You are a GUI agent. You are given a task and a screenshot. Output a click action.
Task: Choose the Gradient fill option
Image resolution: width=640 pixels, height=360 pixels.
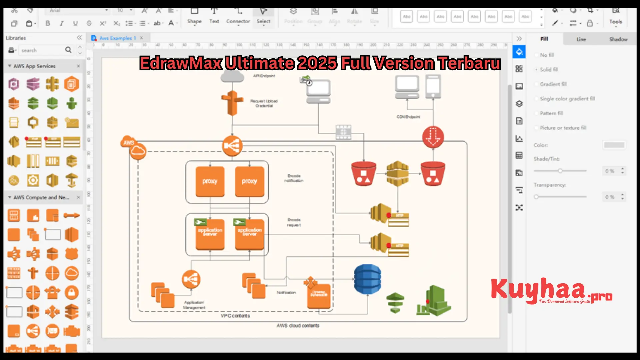[x=553, y=84]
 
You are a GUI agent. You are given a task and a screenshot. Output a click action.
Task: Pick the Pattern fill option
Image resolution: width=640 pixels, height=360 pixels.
[x=551, y=113]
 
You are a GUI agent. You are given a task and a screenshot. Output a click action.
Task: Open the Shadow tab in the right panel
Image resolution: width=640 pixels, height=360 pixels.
[x=618, y=39]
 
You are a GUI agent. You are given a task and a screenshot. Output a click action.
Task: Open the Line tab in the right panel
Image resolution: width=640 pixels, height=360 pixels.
[x=581, y=39]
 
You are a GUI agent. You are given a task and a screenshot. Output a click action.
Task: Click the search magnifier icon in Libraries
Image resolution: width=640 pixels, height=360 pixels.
[x=68, y=50]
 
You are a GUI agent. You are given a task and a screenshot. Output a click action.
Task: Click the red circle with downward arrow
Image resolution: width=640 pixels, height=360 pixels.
[x=433, y=137]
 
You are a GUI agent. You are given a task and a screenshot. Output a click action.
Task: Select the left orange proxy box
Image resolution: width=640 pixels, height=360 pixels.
[x=210, y=181]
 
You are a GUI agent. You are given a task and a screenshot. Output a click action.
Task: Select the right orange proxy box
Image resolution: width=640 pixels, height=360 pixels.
[x=249, y=181]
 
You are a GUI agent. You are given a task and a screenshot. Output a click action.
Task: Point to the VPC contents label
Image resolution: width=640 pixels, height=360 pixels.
[x=235, y=316]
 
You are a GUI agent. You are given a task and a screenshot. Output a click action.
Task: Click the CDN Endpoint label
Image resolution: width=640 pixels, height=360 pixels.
[x=408, y=117]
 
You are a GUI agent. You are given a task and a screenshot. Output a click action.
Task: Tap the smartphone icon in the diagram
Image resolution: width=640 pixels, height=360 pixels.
[x=433, y=86]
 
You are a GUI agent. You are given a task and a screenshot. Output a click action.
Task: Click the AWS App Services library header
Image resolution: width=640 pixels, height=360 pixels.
[x=34, y=66]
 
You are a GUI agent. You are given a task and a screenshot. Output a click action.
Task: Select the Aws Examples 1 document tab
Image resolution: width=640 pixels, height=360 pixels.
[x=117, y=38]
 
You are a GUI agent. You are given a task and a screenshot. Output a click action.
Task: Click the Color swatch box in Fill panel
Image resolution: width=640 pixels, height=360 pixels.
[x=614, y=145]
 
